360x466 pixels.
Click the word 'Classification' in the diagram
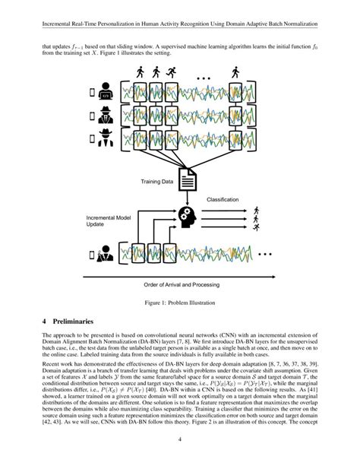[223, 199]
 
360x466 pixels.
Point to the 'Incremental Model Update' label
[106, 221]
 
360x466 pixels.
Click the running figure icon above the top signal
[173, 73]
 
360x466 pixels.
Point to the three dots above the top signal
[205, 78]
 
